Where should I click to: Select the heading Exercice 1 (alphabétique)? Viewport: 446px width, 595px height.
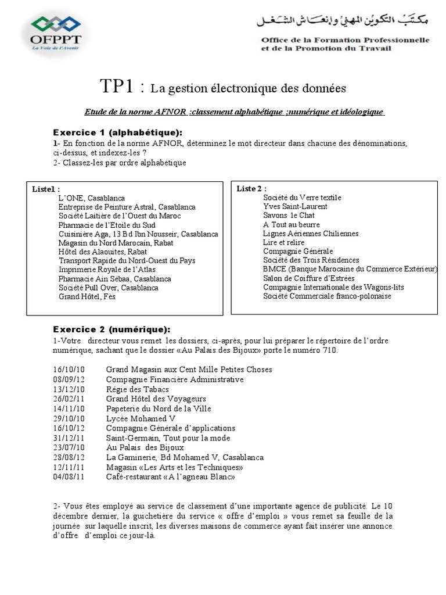click(118, 132)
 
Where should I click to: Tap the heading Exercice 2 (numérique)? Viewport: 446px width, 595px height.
click(112, 329)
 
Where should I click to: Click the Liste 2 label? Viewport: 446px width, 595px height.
click(251, 188)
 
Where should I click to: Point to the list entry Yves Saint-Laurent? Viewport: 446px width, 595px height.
click(295, 206)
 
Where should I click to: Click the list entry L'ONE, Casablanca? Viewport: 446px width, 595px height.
click(91, 198)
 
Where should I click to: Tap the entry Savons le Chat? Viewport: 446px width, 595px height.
click(289, 215)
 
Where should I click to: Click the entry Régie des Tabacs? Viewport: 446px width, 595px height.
click(137, 389)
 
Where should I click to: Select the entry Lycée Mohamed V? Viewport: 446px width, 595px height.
click(141, 418)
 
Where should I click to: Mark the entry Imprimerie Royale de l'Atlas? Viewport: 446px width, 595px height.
click(107, 270)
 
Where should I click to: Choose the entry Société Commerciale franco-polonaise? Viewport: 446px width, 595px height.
click(327, 296)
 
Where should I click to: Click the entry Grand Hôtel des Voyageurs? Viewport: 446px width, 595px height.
click(156, 399)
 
